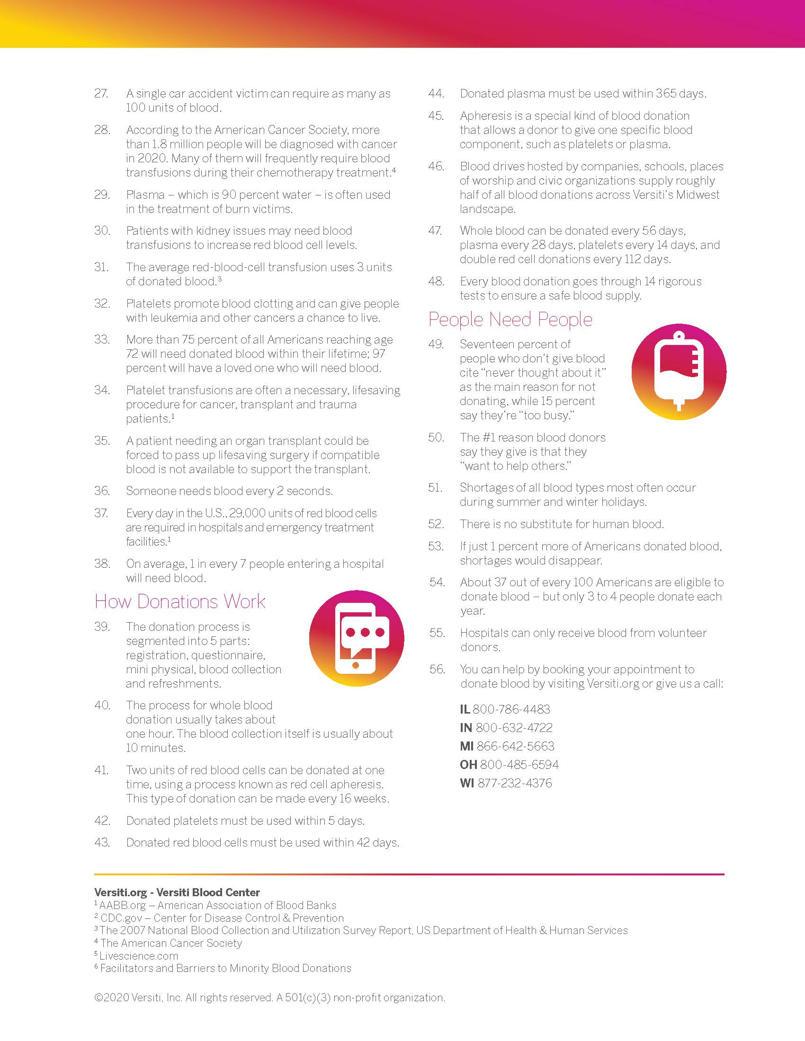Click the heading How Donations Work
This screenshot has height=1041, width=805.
coord(180,601)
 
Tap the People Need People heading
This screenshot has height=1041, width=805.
coord(510,319)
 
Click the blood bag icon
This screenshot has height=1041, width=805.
coord(679,372)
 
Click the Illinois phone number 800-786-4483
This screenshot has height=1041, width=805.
coord(511,709)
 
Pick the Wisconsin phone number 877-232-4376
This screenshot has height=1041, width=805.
coord(515,783)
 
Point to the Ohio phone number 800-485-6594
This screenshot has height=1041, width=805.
coord(519,765)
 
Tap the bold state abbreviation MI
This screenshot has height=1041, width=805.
coord(466,746)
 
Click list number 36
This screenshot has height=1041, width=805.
coord(102,491)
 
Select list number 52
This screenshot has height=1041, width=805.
coord(436,524)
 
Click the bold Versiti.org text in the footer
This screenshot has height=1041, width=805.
coord(120,892)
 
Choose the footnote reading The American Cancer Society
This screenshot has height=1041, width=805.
coord(171,943)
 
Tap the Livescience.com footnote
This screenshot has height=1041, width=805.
coord(139,956)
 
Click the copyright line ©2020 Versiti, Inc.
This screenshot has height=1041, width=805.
coord(269,997)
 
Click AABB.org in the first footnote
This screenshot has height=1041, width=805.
coord(123,905)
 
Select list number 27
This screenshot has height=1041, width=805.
coord(101,93)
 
